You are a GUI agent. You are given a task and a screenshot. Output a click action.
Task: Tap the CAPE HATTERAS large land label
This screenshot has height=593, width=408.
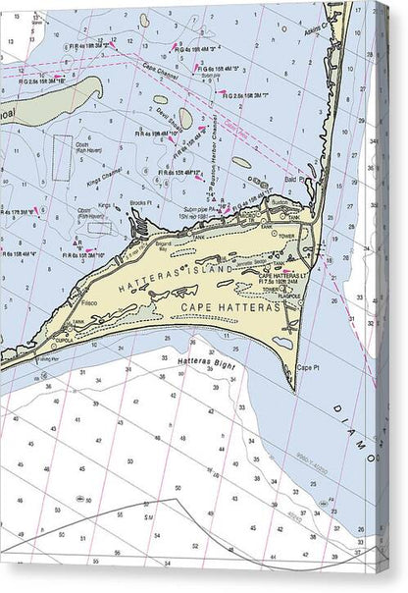[x=230, y=308]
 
